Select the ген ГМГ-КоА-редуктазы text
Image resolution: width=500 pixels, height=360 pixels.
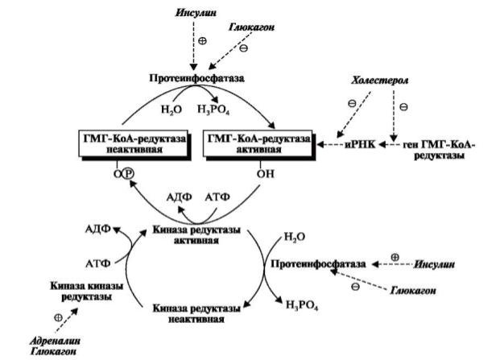[438, 150]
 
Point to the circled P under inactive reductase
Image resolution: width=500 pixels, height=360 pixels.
[126, 174]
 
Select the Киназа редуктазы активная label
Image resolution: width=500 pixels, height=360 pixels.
[196, 235]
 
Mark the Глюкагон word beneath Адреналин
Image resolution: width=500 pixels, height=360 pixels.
[43, 351]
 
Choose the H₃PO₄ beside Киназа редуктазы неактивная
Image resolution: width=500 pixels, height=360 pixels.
[300, 304]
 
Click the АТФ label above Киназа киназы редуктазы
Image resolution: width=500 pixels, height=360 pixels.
[97, 263]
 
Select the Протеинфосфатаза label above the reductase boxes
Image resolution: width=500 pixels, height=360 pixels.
[196, 78]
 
